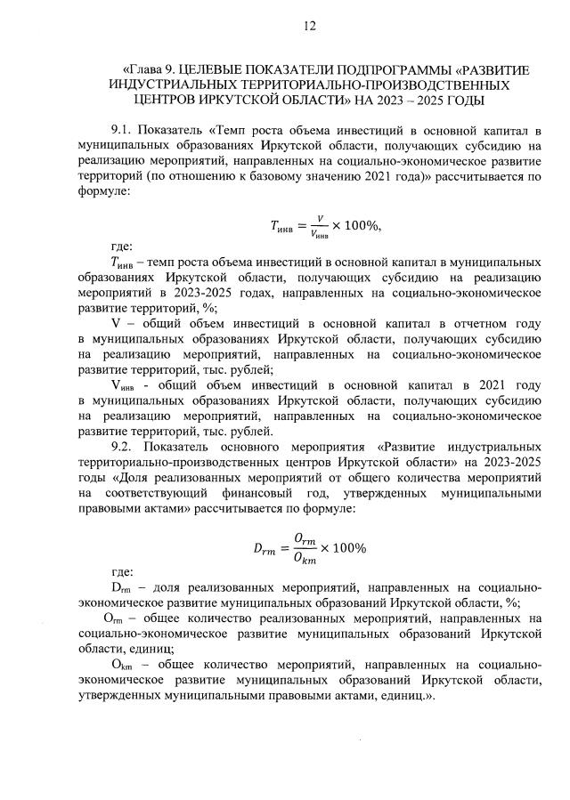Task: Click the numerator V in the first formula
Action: [318, 215]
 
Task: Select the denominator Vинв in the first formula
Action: [318, 233]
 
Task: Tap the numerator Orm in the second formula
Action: [305, 538]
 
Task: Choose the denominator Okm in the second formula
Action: [305, 559]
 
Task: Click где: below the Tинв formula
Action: [122, 246]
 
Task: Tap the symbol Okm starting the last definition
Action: [121, 664]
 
